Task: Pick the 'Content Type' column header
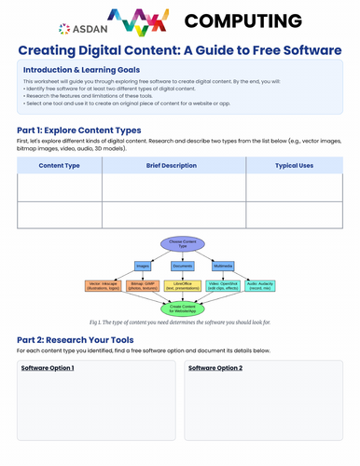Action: (x=59, y=165)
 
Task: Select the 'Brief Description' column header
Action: (x=173, y=165)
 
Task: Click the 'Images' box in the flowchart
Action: (x=142, y=266)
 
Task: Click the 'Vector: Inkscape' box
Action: (x=104, y=285)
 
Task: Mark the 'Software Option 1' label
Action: (x=48, y=369)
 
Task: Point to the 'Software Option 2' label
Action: (x=215, y=369)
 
